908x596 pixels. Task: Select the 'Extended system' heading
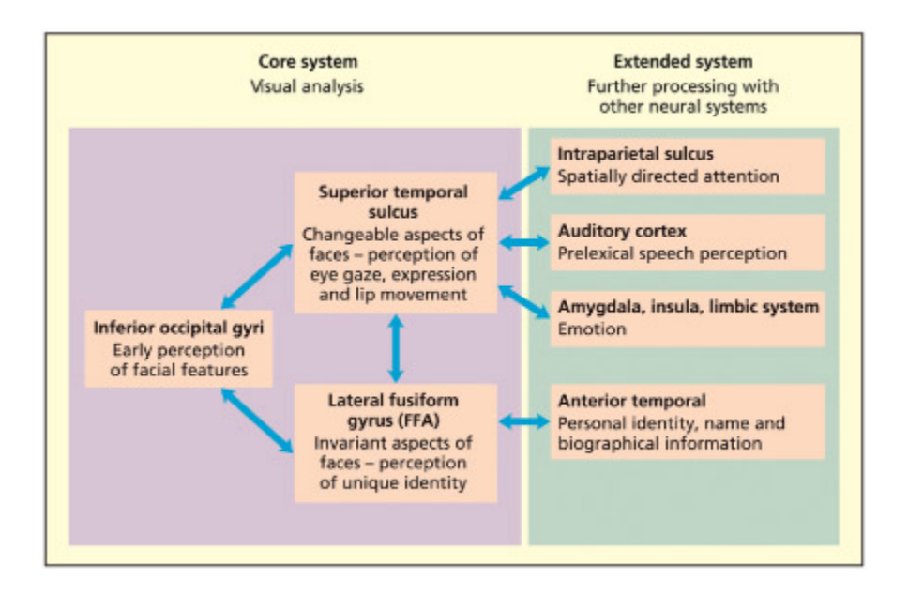coord(682,63)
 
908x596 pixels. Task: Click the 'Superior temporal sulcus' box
coord(395,241)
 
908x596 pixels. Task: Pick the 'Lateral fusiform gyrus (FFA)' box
coord(395,442)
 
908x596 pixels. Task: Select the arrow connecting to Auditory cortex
coord(523,242)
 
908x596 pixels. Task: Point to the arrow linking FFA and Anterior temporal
coord(523,422)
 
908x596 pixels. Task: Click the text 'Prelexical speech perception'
coord(672,253)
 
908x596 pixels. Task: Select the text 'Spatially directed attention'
coord(668,176)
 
